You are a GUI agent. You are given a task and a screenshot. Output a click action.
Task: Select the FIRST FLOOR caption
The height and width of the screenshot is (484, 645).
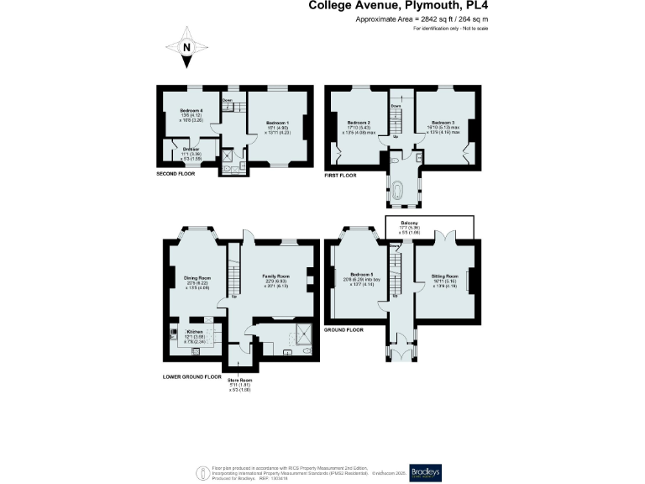pos(341,176)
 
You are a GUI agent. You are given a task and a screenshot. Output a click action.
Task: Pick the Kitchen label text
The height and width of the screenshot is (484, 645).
pos(196,331)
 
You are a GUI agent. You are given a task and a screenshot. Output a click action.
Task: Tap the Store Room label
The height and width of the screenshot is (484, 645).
pos(240,380)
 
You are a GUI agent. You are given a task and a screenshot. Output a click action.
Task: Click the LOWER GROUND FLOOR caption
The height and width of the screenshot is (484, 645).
pos(191,376)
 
